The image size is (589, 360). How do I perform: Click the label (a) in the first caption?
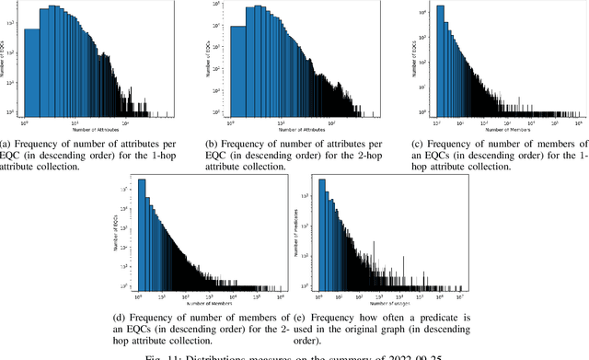(6, 144)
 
